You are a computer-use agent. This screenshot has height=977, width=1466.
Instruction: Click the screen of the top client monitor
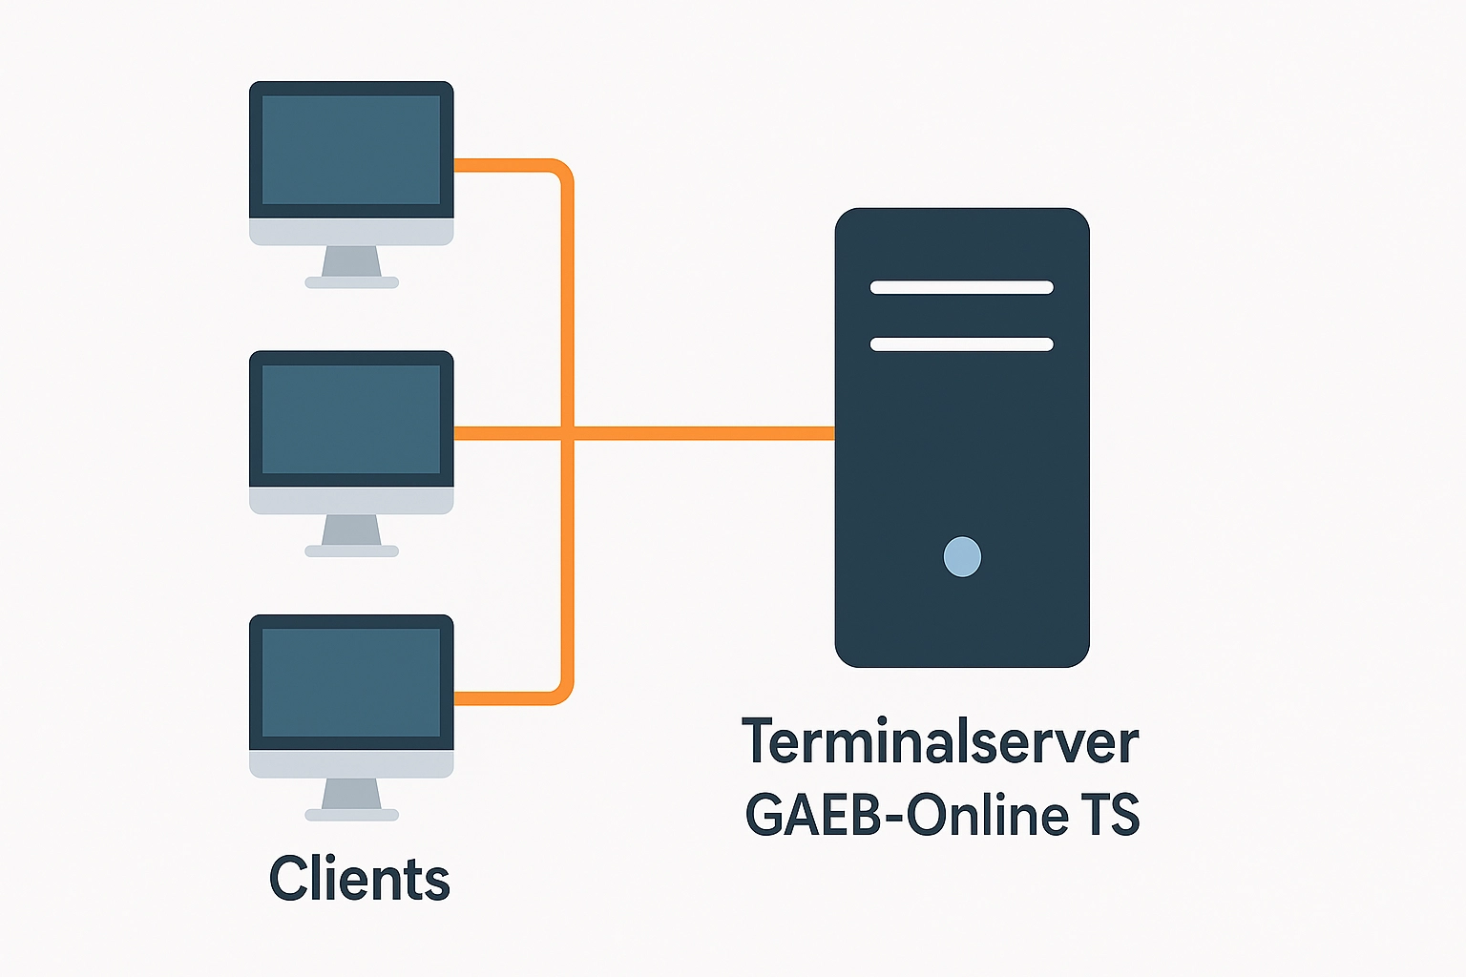point(351,150)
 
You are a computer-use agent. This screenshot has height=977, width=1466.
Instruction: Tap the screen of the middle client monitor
point(351,419)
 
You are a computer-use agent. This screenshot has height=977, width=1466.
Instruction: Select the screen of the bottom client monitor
point(351,682)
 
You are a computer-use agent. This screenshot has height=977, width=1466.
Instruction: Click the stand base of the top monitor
point(351,282)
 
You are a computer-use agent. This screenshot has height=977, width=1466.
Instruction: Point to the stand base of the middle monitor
point(351,551)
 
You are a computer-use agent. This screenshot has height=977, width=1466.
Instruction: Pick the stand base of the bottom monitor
point(351,815)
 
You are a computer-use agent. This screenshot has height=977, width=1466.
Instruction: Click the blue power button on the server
point(962,557)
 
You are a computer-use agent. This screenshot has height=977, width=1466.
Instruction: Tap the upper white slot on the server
point(961,287)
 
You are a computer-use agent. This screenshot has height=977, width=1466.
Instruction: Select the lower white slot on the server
point(961,344)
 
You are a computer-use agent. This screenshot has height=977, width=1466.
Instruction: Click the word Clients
point(359,879)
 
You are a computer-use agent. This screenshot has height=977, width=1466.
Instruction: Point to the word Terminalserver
point(940,742)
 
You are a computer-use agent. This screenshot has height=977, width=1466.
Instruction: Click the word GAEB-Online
point(906,816)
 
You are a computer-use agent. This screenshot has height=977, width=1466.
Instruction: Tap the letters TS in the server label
point(1110,816)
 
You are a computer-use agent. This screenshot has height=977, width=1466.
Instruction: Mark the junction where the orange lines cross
point(568,433)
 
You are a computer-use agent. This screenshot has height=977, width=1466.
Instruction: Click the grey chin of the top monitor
point(351,232)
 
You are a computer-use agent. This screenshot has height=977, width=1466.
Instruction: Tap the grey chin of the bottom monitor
point(351,763)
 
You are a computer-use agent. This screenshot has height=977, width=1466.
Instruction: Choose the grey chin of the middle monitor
point(351,501)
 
